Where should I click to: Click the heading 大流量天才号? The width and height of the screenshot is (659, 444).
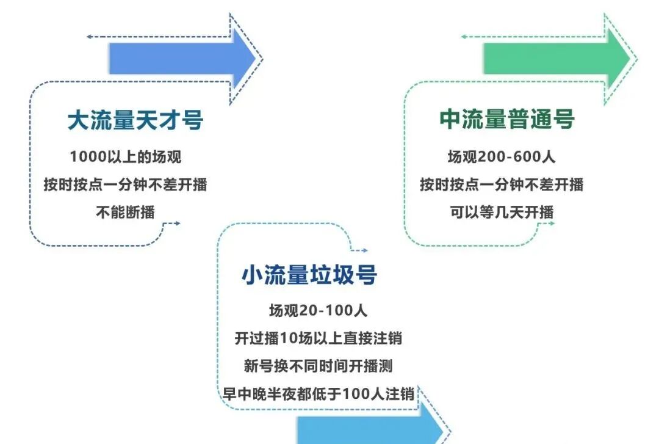pos(135,120)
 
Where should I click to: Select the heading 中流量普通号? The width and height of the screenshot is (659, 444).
pos(507,120)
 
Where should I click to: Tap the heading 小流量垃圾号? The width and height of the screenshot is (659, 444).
pos(309,275)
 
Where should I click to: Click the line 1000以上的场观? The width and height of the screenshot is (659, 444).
pos(126,157)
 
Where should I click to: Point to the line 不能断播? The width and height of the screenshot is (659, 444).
pos(126,213)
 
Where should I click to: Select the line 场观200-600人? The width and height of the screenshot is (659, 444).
pos(502,157)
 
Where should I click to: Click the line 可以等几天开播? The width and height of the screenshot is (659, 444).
pos(502,212)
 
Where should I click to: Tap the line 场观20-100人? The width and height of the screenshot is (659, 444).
pos(318,310)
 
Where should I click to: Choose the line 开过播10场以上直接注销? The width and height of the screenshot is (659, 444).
pos(318,338)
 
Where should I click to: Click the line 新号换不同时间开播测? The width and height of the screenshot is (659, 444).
pos(318,366)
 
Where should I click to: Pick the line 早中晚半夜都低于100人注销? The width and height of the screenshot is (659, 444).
pos(318,394)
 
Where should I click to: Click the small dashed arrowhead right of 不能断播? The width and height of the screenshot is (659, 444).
pos(176,224)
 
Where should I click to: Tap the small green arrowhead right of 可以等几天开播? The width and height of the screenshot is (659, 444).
pos(551,224)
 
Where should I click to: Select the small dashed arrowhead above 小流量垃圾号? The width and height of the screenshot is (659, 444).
pos(364,250)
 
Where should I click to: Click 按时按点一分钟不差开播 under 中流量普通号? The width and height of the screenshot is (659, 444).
pos(502,184)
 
